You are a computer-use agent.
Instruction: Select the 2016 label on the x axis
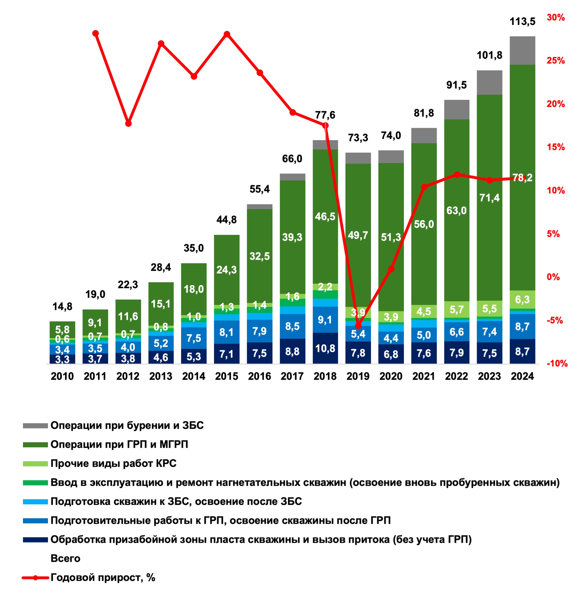(259, 376)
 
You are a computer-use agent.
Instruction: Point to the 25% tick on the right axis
(556, 60)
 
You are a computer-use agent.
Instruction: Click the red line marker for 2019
(358, 326)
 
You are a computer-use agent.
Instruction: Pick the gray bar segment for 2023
(489, 83)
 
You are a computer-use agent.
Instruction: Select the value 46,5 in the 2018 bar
(325, 217)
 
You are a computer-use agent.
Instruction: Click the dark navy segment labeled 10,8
(325, 348)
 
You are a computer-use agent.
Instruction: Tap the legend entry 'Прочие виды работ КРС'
(113, 464)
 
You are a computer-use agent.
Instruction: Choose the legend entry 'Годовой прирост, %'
(103, 578)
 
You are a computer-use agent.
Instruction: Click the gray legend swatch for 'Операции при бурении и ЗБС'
(35, 426)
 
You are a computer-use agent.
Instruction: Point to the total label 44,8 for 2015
(226, 220)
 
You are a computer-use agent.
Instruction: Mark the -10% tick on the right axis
(557, 363)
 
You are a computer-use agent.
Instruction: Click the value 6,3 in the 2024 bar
(522, 299)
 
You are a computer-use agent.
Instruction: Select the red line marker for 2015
(226, 34)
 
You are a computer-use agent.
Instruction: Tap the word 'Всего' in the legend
(66, 559)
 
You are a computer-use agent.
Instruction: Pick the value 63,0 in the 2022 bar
(457, 210)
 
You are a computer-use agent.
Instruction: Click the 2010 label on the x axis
(62, 376)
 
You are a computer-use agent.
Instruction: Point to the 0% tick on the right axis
(553, 277)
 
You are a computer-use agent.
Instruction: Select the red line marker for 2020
(391, 269)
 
